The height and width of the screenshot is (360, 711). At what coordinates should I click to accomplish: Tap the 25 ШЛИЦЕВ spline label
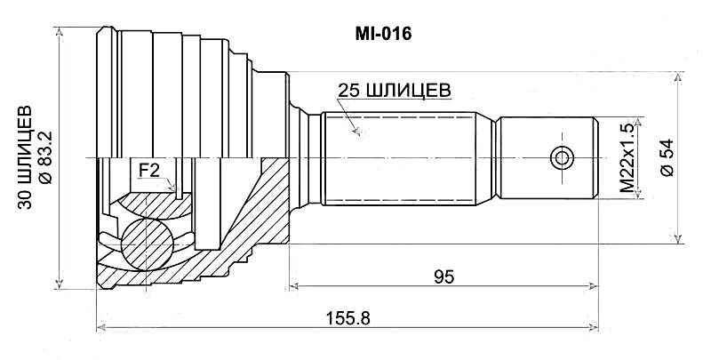tap(394, 90)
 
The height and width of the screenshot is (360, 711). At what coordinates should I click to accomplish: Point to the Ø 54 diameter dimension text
tap(664, 159)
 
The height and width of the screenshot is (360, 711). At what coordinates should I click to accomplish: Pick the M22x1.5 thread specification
tap(628, 159)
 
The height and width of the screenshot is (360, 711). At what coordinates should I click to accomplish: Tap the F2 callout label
tap(148, 168)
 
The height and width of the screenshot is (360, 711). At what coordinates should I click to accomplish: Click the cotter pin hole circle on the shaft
tap(562, 158)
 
